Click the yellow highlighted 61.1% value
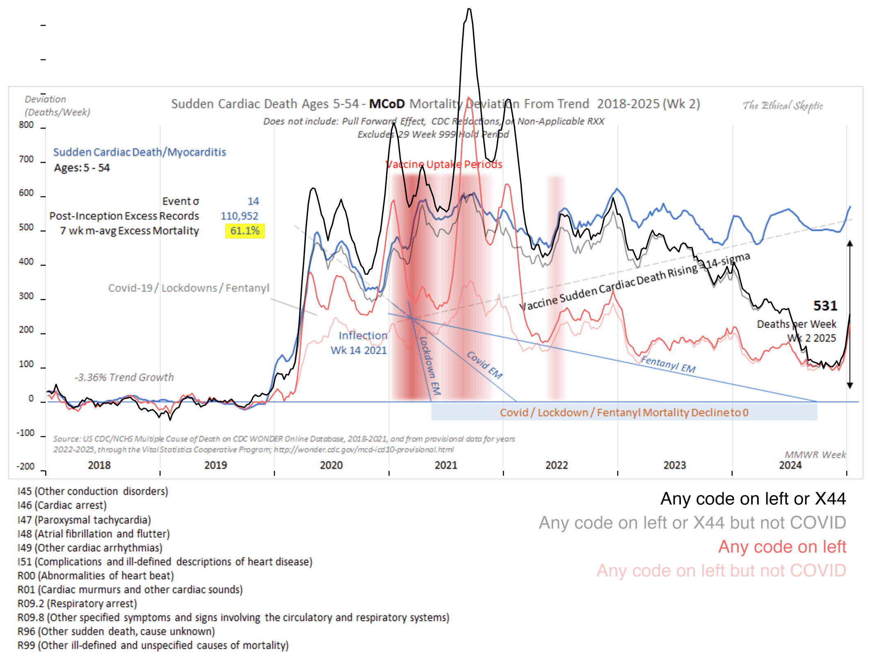[245, 231]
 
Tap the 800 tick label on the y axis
[26, 125]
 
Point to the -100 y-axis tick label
[25, 433]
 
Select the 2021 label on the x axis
[446, 465]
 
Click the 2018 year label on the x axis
[99, 465]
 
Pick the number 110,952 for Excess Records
[239, 216]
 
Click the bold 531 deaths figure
[825, 306]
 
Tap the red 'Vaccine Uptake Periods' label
[444, 164]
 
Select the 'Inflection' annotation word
[363, 336]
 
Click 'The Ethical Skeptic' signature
[783, 106]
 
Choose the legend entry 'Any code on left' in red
[782, 547]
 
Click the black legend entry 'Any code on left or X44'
[753, 499]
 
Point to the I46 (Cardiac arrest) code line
[62, 505]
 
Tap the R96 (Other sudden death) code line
[116, 631]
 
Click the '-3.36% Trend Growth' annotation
[124, 377]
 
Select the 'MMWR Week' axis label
[815, 454]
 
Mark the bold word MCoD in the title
[387, 104]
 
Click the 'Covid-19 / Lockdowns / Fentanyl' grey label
[189, 288]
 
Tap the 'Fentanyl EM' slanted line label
[668, 364]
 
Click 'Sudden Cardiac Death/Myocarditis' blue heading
[139, 152]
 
